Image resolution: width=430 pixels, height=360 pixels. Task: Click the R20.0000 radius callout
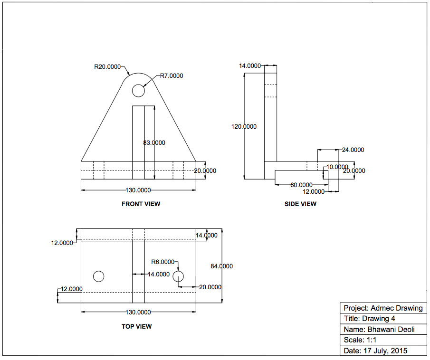pyautogui.click(x=107, y=67)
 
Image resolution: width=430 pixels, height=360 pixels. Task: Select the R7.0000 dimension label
pyautogui.click(x=171, y=76)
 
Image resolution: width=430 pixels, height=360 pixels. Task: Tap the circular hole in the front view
pyautogui.click(x=138, y=90)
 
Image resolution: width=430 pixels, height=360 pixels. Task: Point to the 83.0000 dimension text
pyautogui.click(x=154, y=142)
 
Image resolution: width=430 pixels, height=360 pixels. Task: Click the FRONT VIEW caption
pyautogui.click(x=141, y=204)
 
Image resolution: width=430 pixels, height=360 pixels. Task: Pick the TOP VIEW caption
pyautogui.click(x=137, y=326)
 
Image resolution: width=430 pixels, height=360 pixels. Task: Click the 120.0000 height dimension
pyautogui.click(x=244, y=126)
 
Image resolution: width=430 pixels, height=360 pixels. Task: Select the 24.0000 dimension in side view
pyautogui.click(x=353, y=150)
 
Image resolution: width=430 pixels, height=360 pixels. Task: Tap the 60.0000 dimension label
pyautogui.click(x=301, y=185)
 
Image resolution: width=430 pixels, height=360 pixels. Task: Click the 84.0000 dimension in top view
pyautogui.click(x=222, y=266)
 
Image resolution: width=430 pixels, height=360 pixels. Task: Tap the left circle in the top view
pyautogui.click(x=98, y=276)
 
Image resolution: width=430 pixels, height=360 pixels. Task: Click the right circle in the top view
pyautogui.click(x=178, y=276)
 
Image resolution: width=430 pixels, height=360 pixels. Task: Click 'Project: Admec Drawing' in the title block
pyautogui.click(x=383, y=308)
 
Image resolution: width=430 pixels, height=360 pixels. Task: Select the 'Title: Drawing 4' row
pyautogui.click(x=369, y=319)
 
